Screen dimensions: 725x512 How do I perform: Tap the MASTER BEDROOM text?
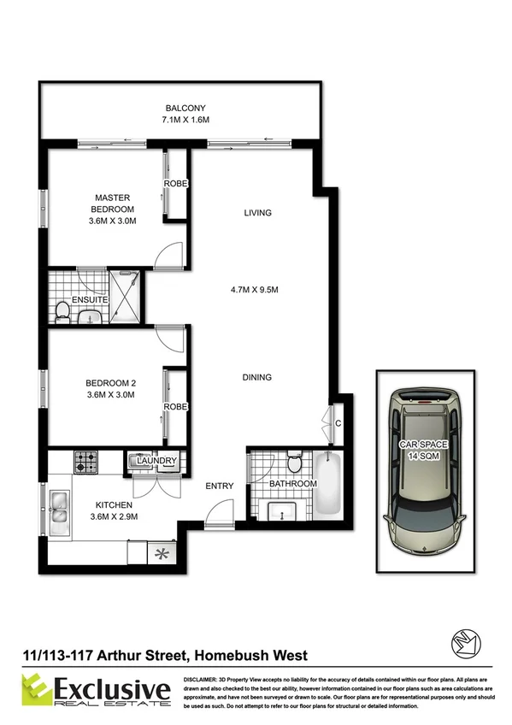click(x=113, y=203)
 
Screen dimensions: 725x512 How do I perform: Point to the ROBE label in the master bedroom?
click(x=175, y=185)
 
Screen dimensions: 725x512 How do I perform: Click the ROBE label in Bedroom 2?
click(x=175, y=407)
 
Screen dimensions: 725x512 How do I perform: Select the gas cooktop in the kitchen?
click(x=86, y=463)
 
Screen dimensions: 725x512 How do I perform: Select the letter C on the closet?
click(x=338, y=422)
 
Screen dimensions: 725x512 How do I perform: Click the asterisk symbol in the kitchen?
click(x=158, y=552)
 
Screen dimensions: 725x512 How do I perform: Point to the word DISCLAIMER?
click(x=206, y=676)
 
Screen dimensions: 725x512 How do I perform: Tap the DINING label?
click(x=256, y=377)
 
